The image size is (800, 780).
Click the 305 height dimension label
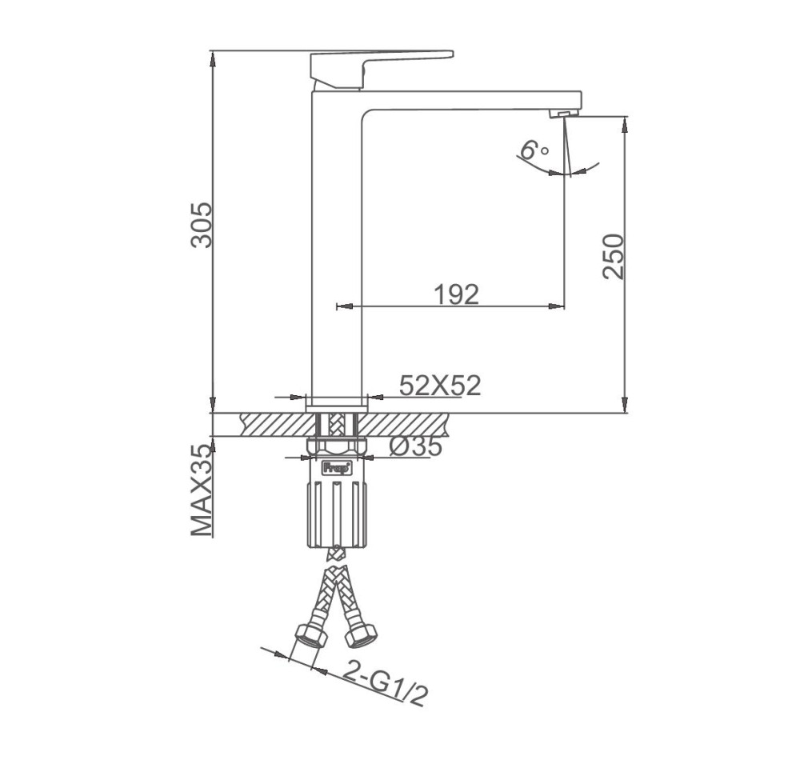202,225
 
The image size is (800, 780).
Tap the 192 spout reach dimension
457,294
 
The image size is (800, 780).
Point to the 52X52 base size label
440,386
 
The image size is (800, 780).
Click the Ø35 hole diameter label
415,447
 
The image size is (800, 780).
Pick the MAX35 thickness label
202,490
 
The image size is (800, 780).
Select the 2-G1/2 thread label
385,682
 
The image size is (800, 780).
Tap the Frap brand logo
336,466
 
